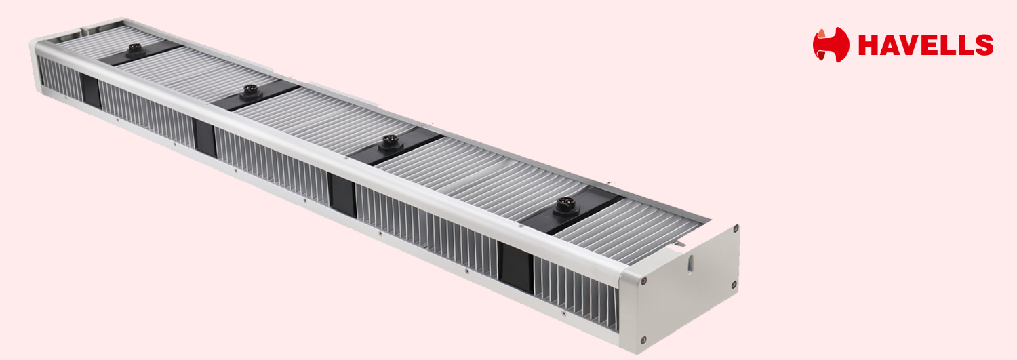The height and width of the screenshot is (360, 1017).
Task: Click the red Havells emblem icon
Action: coord(831,45)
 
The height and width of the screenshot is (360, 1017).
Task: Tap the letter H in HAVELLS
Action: coord(868,45)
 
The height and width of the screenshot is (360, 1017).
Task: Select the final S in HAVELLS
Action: coord(984,45)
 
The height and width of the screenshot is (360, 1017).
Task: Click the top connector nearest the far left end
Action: coord(136,49)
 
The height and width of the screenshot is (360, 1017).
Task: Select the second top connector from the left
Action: coord(251,92)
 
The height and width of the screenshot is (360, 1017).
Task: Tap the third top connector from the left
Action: coord(391,142)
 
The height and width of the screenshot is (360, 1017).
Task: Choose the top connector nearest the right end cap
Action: coord(566,207)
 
